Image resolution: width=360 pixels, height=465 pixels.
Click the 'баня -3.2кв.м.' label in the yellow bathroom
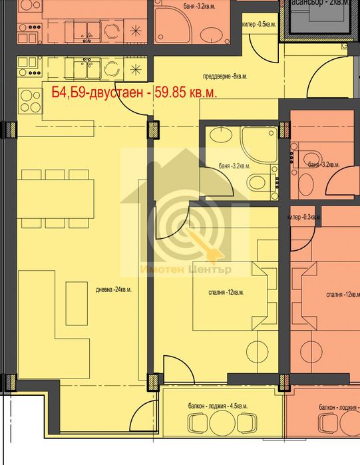234,166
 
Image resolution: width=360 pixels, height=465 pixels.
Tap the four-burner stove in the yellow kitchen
31,100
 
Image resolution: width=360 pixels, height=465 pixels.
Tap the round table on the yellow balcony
223,423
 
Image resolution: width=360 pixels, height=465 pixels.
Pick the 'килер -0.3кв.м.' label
303,218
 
